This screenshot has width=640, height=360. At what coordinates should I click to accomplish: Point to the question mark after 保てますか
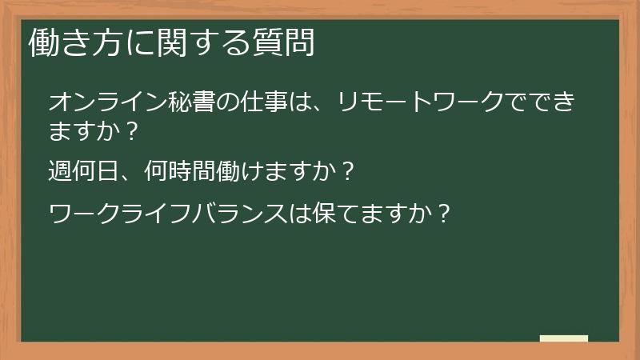pos(445,214)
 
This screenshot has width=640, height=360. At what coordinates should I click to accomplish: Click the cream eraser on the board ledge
pos(564,338)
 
